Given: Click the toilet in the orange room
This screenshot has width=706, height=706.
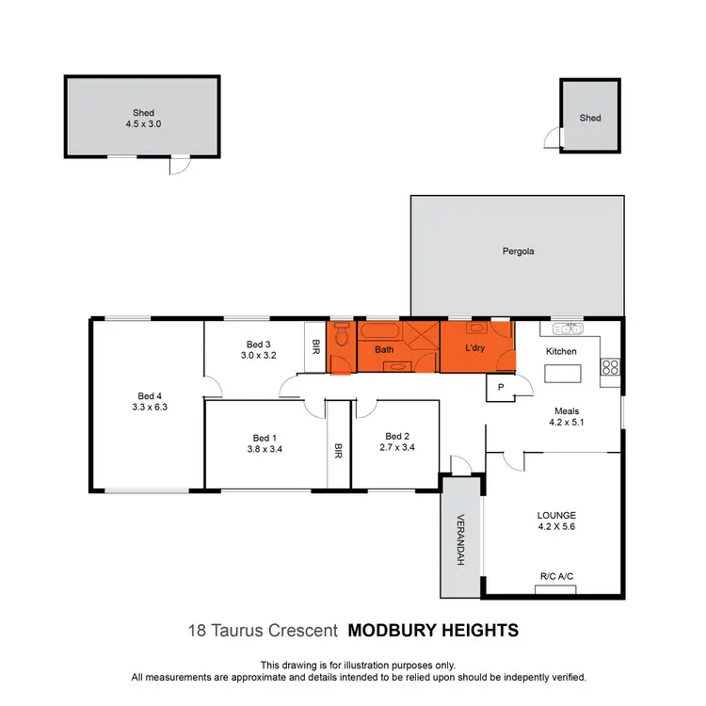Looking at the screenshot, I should pos(341,334).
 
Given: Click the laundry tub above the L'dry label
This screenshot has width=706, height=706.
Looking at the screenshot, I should pos(476,329).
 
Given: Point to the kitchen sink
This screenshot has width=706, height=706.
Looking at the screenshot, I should pos(570,329).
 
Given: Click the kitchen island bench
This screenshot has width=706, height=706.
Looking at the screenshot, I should pos(563,374).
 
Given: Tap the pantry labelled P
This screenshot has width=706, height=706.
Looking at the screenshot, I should pos(499,387).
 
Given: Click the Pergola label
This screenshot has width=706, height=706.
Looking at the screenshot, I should pos(517,251).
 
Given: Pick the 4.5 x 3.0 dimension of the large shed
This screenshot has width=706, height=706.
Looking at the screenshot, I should pos(143,123).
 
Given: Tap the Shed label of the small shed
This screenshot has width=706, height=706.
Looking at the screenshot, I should pos(590,118).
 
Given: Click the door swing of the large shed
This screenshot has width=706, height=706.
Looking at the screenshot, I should pos(176,167).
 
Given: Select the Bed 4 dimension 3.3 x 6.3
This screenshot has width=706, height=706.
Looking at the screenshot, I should pos(150,408).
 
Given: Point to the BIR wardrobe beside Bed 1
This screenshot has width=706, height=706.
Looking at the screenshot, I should pos(338,451).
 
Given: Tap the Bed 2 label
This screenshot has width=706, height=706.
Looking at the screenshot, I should pos(397,436).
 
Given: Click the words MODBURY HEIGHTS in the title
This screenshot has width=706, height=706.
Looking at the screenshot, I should pos(433,630).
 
